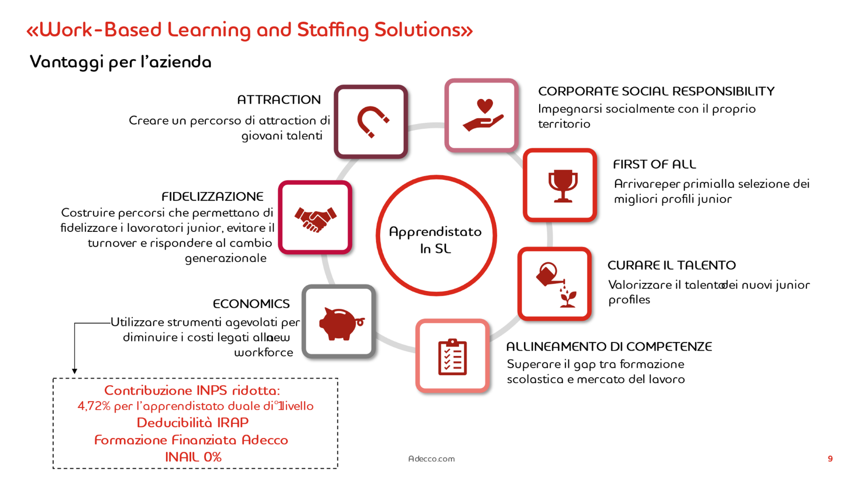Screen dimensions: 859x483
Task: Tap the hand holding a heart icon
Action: point(483,115)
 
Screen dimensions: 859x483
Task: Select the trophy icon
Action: point(563,186)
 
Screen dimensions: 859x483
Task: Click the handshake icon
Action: point(315,219)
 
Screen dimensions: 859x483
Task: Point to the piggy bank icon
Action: point(341,324)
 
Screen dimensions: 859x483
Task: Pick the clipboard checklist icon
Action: point(452,357)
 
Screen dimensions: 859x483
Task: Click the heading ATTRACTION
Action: point(279,99)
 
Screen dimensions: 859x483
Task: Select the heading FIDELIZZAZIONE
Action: point(213,196)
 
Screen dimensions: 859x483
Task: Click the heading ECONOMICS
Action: point(251,303)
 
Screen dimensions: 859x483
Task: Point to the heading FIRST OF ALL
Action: point(655,164)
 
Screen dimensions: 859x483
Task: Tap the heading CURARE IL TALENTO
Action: point(672,265)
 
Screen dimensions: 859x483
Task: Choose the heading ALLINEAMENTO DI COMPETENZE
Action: point(609,346)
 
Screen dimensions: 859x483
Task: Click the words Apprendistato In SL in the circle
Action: point(435,240)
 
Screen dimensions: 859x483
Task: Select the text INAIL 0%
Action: point(193,457)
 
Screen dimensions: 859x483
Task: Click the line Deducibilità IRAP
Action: point(193,423)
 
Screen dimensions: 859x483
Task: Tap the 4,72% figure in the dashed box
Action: point(94,406)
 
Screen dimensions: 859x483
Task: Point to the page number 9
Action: point(830,458)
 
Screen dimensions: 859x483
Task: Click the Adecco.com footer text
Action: point(431,459)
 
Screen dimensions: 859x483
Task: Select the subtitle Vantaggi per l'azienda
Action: point(120,62)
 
